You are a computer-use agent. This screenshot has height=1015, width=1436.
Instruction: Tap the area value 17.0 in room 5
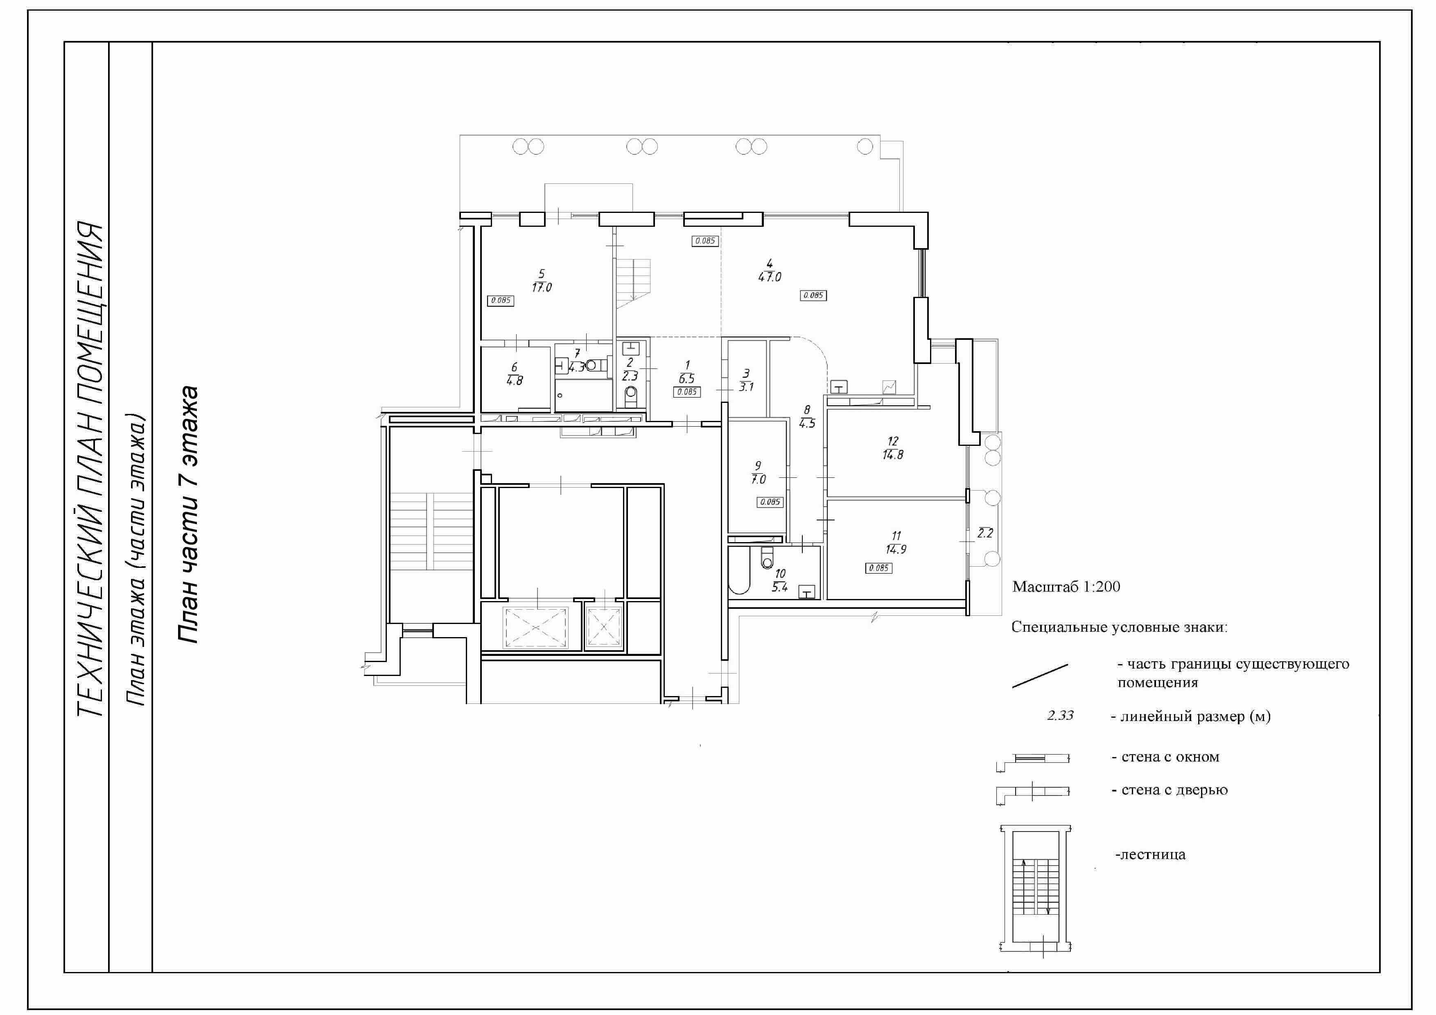542,288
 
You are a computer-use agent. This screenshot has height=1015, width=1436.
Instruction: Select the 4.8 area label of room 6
515,380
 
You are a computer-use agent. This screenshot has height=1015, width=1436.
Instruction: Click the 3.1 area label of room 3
746,387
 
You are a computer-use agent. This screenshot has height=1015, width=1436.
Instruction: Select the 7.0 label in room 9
759,480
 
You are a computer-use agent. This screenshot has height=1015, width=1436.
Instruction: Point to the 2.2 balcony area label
985,533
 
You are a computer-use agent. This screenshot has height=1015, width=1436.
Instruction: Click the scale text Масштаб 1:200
1066,587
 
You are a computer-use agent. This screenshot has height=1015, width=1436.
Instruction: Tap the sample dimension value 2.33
1060,715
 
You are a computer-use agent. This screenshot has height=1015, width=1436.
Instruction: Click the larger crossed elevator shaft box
537,627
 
